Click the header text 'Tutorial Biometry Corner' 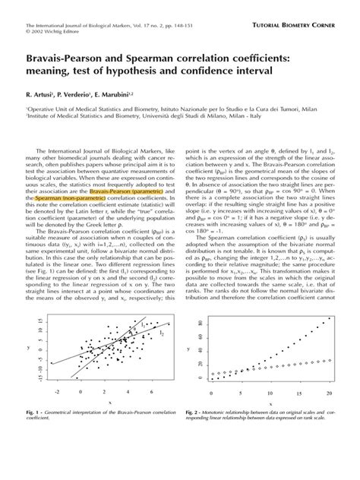point(296,14)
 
